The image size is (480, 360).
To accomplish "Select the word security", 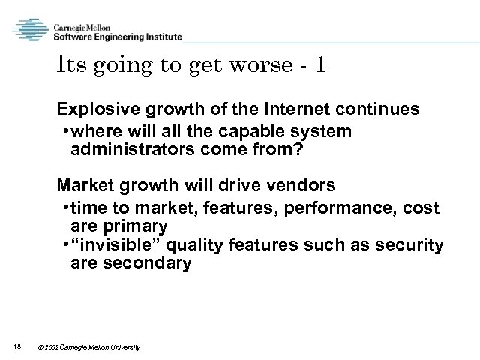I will [x=414, y=244].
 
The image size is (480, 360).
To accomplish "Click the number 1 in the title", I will [x=320, y=66].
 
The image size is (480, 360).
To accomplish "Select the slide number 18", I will [x=18, y=346].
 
